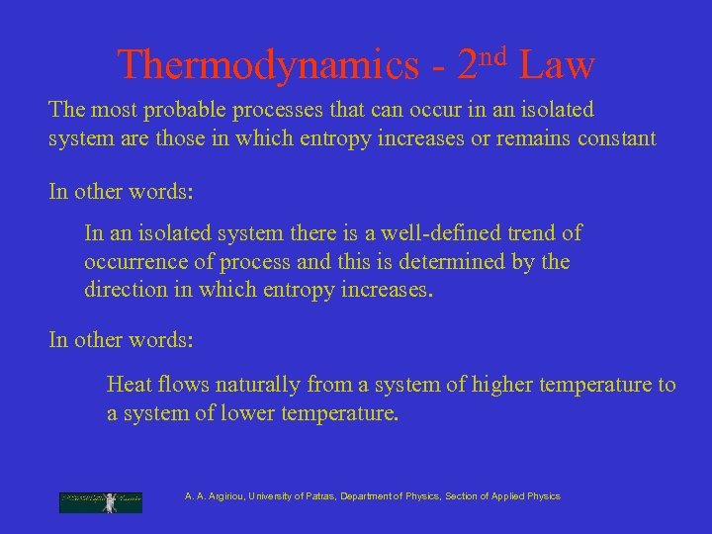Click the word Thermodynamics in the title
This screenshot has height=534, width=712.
pos(268,66)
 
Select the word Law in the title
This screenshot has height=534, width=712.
pos(557,66)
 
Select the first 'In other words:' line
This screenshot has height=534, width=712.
pos(121,191)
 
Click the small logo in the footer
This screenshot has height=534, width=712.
pos(100,502)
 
